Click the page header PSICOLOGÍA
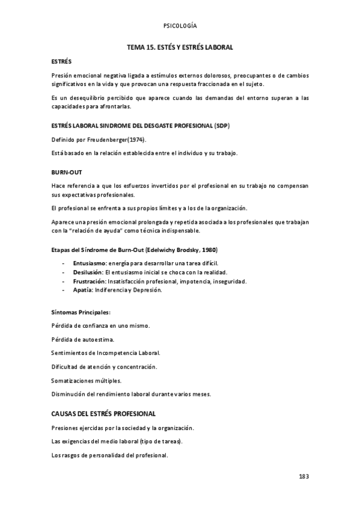pos(180,26)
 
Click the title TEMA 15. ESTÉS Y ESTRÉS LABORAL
pos(180,46)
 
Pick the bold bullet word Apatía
pos(84,290)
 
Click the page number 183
pos(303,476)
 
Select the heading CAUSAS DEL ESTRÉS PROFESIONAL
pos(103,414)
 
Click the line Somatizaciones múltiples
pos(86,381)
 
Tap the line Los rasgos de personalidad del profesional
pos(109,455)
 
